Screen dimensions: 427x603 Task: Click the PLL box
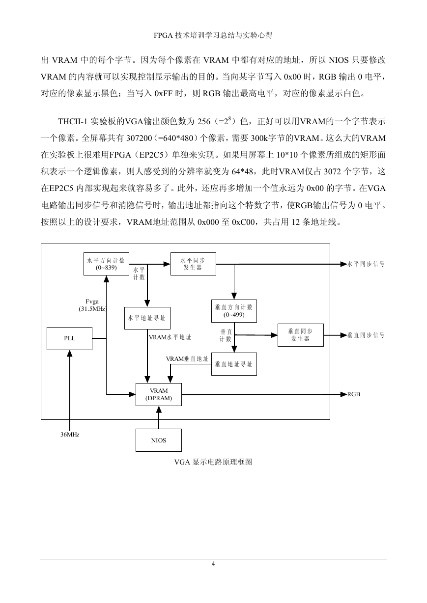tap(69, 338)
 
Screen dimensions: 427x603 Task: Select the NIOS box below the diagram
tap(158, 440)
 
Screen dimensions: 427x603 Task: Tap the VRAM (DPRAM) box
tap(158, 394)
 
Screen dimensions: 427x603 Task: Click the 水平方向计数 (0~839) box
tap(106, 264)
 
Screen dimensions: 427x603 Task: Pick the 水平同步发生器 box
tap(193, 264)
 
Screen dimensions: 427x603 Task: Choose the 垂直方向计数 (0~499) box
tap(234, 311)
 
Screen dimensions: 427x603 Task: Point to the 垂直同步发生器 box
tap(300, 335)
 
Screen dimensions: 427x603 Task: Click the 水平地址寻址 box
tap(147, 318)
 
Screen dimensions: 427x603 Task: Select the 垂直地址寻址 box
tap(234, 364)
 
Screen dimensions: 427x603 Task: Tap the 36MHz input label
tap(70, 435)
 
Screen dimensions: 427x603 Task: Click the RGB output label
tap(353, 394)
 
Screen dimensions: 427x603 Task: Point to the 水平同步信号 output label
tap(366, 264)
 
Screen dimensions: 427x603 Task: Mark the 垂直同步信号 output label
tap(366, 335)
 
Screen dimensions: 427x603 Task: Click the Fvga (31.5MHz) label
tap(93, 305)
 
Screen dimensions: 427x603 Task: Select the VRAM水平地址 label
tap(170, 337)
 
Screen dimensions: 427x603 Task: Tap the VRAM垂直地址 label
tap(187, 359)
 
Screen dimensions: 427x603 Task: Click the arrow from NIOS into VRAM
tap(159, 417)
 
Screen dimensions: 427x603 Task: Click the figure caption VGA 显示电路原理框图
tap(213, 462)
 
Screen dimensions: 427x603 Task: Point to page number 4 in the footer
tap(213, 563)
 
